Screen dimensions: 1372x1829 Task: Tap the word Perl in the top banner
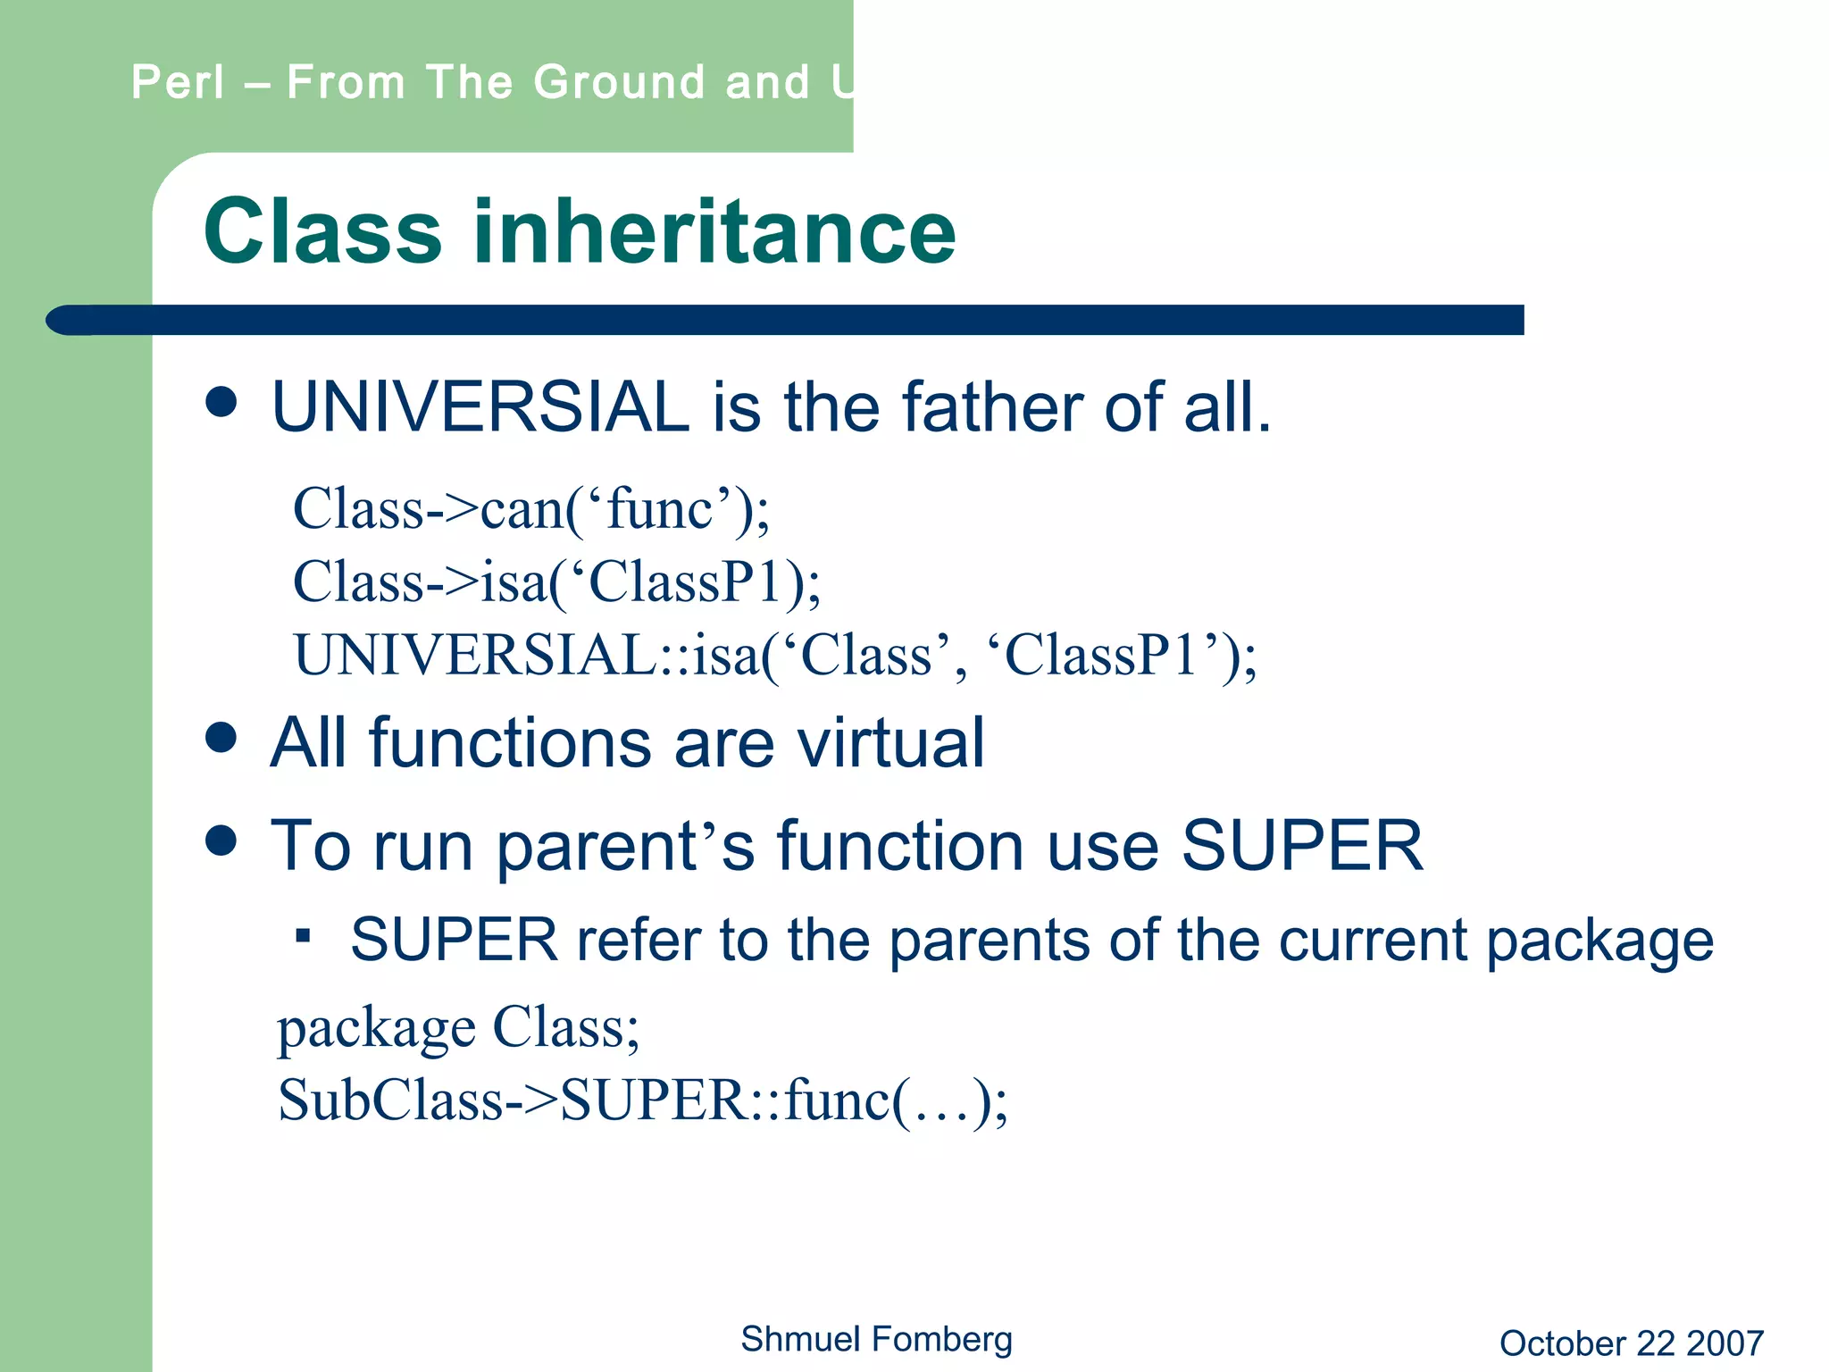pos(178,82)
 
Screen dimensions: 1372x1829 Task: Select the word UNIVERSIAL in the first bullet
pos(480,407)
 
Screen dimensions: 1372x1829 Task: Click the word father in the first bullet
pos(991,407)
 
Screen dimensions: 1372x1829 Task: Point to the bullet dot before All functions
pos(221,738)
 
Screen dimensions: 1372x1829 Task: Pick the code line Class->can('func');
pos(530,509)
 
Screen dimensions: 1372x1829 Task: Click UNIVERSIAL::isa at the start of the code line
pos(527,655)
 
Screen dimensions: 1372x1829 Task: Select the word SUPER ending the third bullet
pos(1301,845)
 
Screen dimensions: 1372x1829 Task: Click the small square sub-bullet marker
pos(304,935)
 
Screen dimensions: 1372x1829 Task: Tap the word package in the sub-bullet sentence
pos(1599,941)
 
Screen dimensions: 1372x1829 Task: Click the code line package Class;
pos(458,1027)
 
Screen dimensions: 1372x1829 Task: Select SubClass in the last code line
pos(391,1100)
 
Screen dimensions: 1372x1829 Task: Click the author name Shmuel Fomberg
pos(876,1339)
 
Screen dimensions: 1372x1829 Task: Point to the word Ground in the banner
pos(620,82)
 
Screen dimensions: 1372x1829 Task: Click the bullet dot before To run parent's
pos(221,840)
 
